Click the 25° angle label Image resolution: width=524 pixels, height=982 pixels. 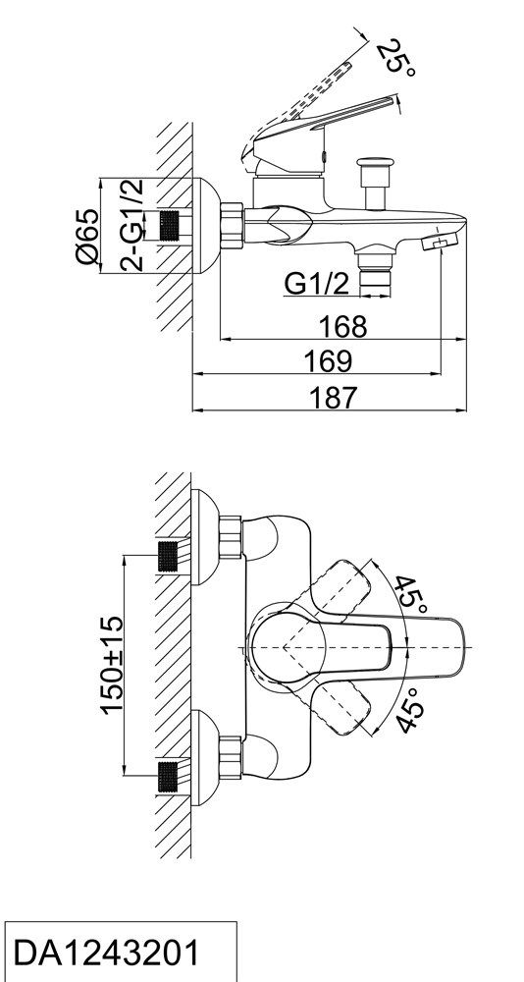(396, 58)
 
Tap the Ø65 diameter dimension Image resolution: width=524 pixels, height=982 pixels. (86, 237)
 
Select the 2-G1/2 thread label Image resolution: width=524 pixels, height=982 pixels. (131, 225)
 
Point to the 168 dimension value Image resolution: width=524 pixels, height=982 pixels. (343, 326)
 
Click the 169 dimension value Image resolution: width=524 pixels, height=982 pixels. (328, 361)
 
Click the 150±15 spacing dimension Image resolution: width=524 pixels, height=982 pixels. (112, 665)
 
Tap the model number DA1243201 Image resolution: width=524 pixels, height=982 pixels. (105, 953)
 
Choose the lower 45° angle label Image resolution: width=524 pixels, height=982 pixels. (411, 710)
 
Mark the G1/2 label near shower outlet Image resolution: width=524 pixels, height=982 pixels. (316, 284)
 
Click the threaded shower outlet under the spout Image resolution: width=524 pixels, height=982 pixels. (375, 272)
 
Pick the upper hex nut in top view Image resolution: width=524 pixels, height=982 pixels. (231, 537)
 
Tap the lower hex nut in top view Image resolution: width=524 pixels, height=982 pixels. (231, 758)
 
